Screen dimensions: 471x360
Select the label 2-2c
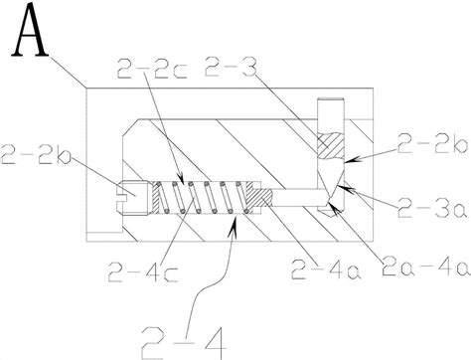coord(152,69)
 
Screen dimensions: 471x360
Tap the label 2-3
coord(231,67)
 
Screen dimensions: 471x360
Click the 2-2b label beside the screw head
coord(36,154)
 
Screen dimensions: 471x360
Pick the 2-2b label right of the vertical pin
coord(432,143)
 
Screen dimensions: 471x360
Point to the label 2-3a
coord(432,208)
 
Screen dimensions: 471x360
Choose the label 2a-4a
coord(425,267)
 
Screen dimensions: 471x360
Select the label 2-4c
coord(143,271)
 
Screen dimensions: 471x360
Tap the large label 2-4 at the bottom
coord(184,342)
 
